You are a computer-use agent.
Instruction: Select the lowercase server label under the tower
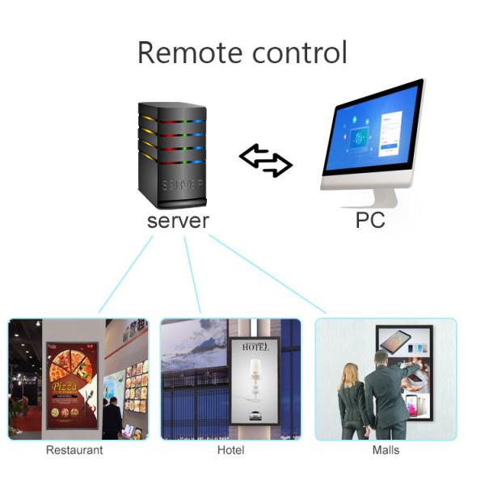pos(178,220)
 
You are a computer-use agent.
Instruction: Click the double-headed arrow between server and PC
pos(266,160)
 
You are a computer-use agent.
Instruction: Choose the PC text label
pos(370,220)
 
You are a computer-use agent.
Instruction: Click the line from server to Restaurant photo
pos(125,275)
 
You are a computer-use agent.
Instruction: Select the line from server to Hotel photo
pos(192,275)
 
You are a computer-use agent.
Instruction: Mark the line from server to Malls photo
pos(267,275)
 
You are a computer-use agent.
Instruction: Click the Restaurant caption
pos(74,450)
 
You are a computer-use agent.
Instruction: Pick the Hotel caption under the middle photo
pos(230,450)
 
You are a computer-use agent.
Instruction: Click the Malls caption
pos(386,450)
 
